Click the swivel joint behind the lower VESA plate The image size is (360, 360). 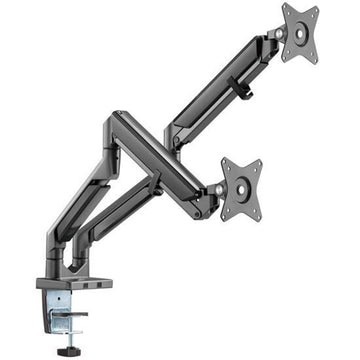214,189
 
